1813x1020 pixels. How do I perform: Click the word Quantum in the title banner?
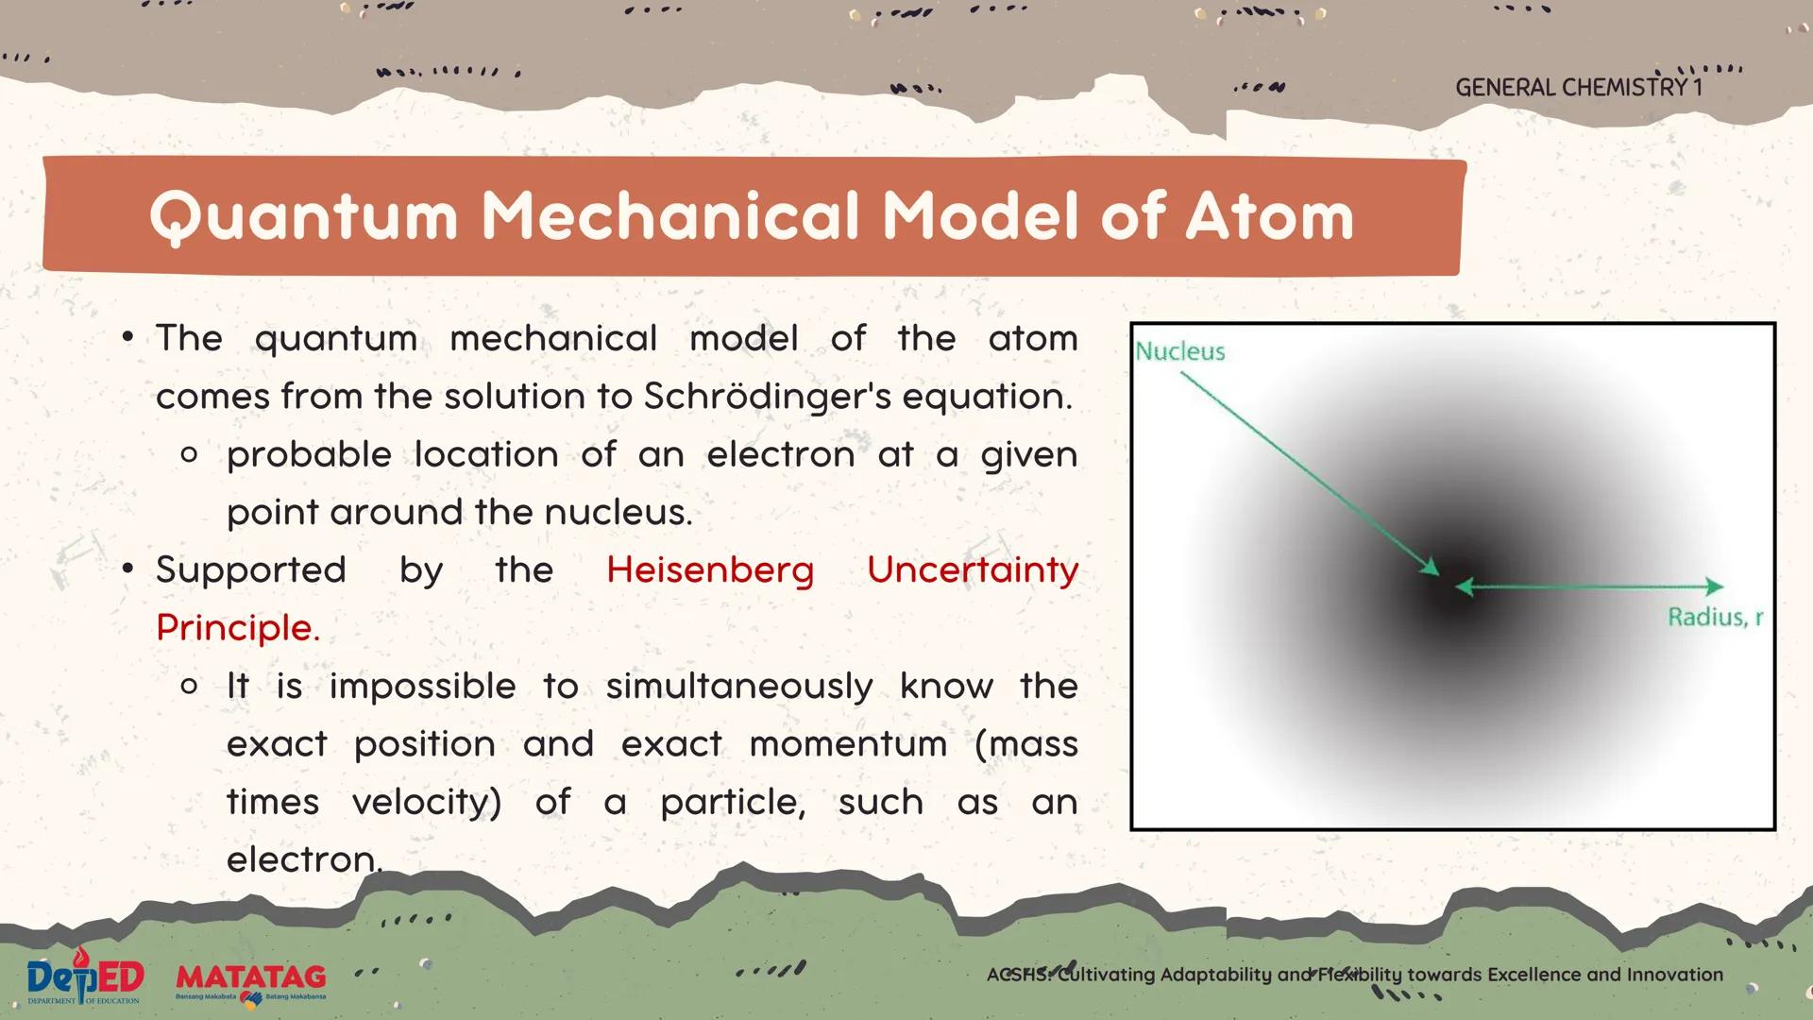point(303,217)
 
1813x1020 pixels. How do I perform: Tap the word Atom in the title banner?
point(1269,216)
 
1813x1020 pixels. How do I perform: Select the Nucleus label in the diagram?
point(1180,351)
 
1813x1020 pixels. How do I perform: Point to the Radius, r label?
point(1715,618)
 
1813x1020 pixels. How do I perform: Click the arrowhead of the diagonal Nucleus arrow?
point(1430,566)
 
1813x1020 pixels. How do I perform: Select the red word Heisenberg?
point(710,571)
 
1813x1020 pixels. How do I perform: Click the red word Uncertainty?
point(973,571)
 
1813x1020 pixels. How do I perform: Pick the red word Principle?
point(238,628)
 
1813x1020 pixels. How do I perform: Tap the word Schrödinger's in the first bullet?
point(768,397)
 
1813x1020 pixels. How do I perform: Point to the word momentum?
point(848,744)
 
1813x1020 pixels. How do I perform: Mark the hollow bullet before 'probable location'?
point(189,456)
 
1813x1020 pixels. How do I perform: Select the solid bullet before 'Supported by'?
point(128,569)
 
